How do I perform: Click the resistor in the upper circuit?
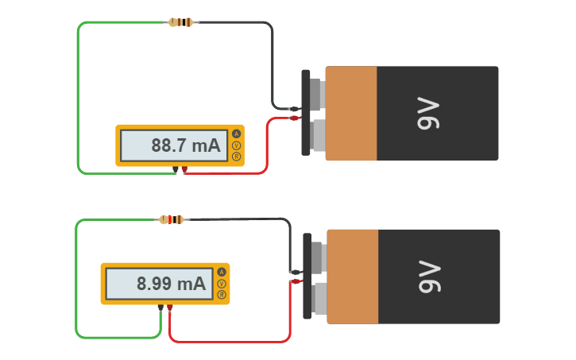180,22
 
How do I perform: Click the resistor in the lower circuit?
172,219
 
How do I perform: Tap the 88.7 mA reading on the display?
185,145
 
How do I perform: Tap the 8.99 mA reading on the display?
170,284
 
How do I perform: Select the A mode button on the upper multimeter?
236,134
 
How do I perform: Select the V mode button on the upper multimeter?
236,145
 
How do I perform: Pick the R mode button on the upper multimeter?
236,157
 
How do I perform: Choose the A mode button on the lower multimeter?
222,272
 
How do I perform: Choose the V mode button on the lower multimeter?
222,284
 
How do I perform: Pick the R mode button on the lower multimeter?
222,295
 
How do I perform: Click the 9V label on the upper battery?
427,114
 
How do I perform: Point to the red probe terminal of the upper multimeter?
184,169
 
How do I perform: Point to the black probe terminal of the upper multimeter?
176,169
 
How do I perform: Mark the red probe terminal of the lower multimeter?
169,308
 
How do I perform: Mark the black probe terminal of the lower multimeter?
160,308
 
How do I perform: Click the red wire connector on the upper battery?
295,118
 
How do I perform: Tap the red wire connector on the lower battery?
296,281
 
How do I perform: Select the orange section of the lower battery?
352,277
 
